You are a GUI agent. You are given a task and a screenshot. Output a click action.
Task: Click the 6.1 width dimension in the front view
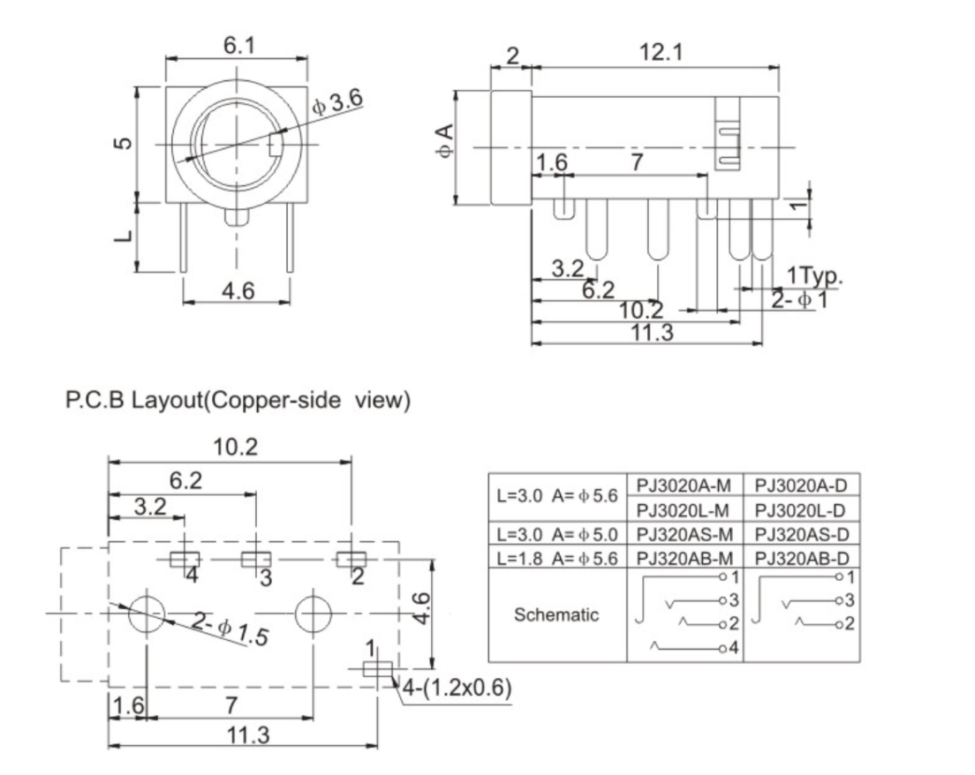point(236,46)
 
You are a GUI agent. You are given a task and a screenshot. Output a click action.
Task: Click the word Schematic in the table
point(557,615)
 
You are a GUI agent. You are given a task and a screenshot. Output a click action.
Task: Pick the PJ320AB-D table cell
point(803,558)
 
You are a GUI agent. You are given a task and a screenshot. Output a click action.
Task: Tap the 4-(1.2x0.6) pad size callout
point(457,688)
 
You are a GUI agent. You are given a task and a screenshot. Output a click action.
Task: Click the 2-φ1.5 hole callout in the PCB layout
point(230,629)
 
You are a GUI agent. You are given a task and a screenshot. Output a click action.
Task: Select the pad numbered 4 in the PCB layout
point(185,559)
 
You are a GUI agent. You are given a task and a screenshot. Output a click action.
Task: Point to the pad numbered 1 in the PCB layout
point(377,670)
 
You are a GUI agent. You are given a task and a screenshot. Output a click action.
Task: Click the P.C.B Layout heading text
point(238,402)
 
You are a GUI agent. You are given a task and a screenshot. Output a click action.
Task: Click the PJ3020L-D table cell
point(803,510)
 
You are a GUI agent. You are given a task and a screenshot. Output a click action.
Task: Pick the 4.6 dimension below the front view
point(236,292)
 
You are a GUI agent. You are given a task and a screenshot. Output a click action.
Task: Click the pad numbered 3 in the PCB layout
point(255,559)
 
